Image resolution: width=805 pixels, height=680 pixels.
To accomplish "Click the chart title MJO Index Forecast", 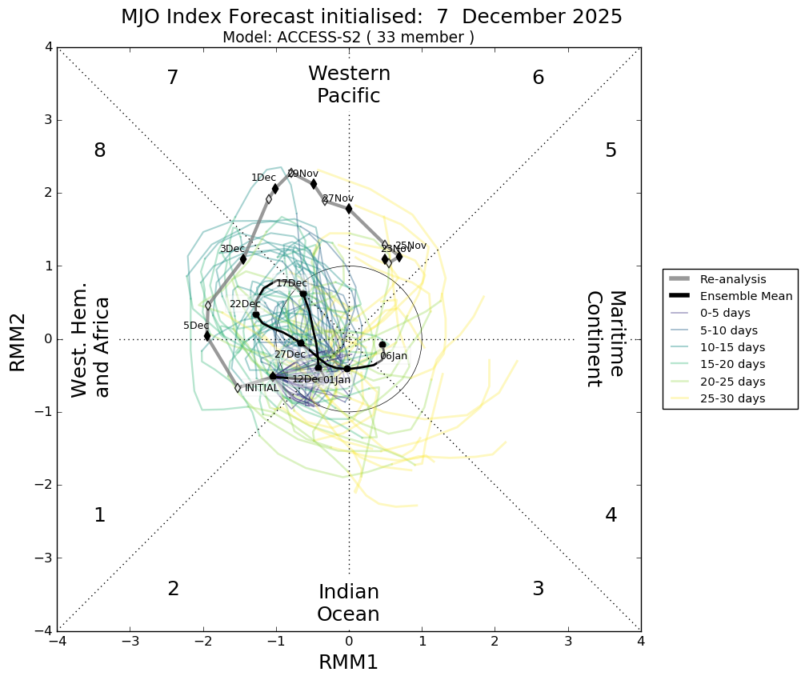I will point(371,17).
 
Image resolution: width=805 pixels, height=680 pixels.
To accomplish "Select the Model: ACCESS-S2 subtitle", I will point(348,38).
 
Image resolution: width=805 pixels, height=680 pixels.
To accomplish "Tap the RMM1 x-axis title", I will point(348,662).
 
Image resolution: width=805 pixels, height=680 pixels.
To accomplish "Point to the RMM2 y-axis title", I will point(18,339).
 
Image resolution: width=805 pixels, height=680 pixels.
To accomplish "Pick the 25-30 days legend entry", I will point(732,398).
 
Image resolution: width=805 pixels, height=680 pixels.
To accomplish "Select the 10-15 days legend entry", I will point(732,347).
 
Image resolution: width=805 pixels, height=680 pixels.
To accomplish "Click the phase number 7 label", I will point(172,78).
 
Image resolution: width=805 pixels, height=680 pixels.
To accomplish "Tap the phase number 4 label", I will point(611,515).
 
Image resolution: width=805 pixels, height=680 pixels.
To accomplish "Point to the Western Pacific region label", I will point(349,85).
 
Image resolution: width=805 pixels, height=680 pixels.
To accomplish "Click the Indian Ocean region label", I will point(348,603).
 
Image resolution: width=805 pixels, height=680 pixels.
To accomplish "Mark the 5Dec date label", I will point(196,326).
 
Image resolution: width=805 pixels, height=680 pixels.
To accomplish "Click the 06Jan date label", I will point(393,356).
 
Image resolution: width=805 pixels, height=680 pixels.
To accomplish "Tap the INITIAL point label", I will point(262,388).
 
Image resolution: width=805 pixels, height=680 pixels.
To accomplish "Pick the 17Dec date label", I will point(291,283).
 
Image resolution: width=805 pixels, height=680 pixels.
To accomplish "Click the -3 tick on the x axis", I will point(130,642).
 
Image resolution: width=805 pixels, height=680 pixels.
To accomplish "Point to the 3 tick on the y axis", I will point(48,120).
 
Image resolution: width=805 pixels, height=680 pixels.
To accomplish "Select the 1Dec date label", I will point(263,178).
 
